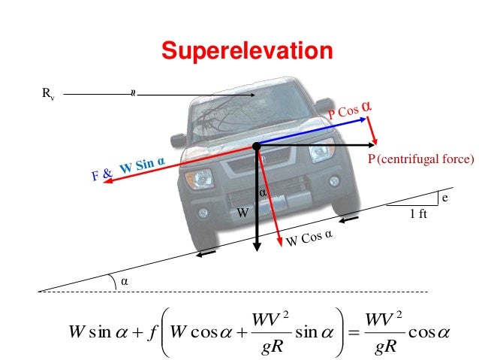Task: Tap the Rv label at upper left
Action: [47, 95]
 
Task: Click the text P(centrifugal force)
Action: [421, 160]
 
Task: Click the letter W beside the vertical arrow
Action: [243, 213]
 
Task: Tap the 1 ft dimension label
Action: [417, 214]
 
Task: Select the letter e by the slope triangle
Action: [444, 198]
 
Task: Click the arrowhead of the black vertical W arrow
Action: [257, 249]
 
